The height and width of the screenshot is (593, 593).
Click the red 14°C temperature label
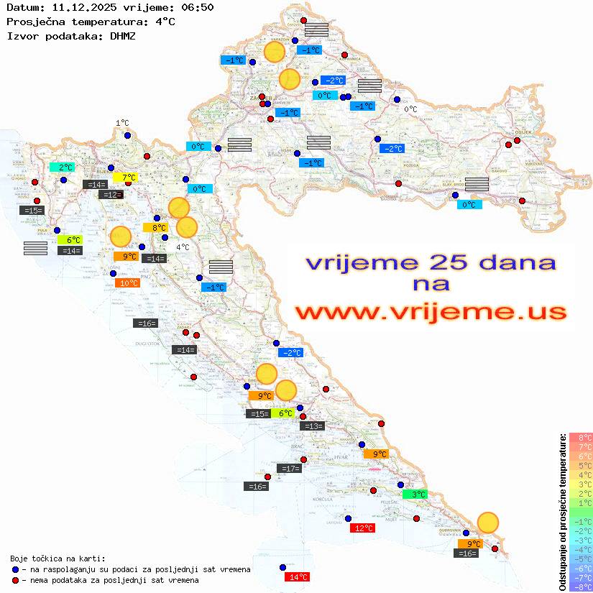(298, 576)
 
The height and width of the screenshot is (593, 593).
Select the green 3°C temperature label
(418, 494)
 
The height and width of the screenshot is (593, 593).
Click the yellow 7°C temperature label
(125, 177)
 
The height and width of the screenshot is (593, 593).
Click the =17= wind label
(289, 469)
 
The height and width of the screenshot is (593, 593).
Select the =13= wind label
(313, 426)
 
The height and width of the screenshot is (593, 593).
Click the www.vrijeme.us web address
(430, 312)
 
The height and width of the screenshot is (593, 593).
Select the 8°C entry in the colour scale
(580, 437)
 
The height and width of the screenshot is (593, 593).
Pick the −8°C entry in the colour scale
(580, 587)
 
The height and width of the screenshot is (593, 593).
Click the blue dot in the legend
(15, 569)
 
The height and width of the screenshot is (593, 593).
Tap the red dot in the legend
(15, 580)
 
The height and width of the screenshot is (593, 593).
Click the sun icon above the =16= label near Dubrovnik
(488, 522)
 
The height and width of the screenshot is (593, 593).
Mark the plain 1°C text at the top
(122, 123)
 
